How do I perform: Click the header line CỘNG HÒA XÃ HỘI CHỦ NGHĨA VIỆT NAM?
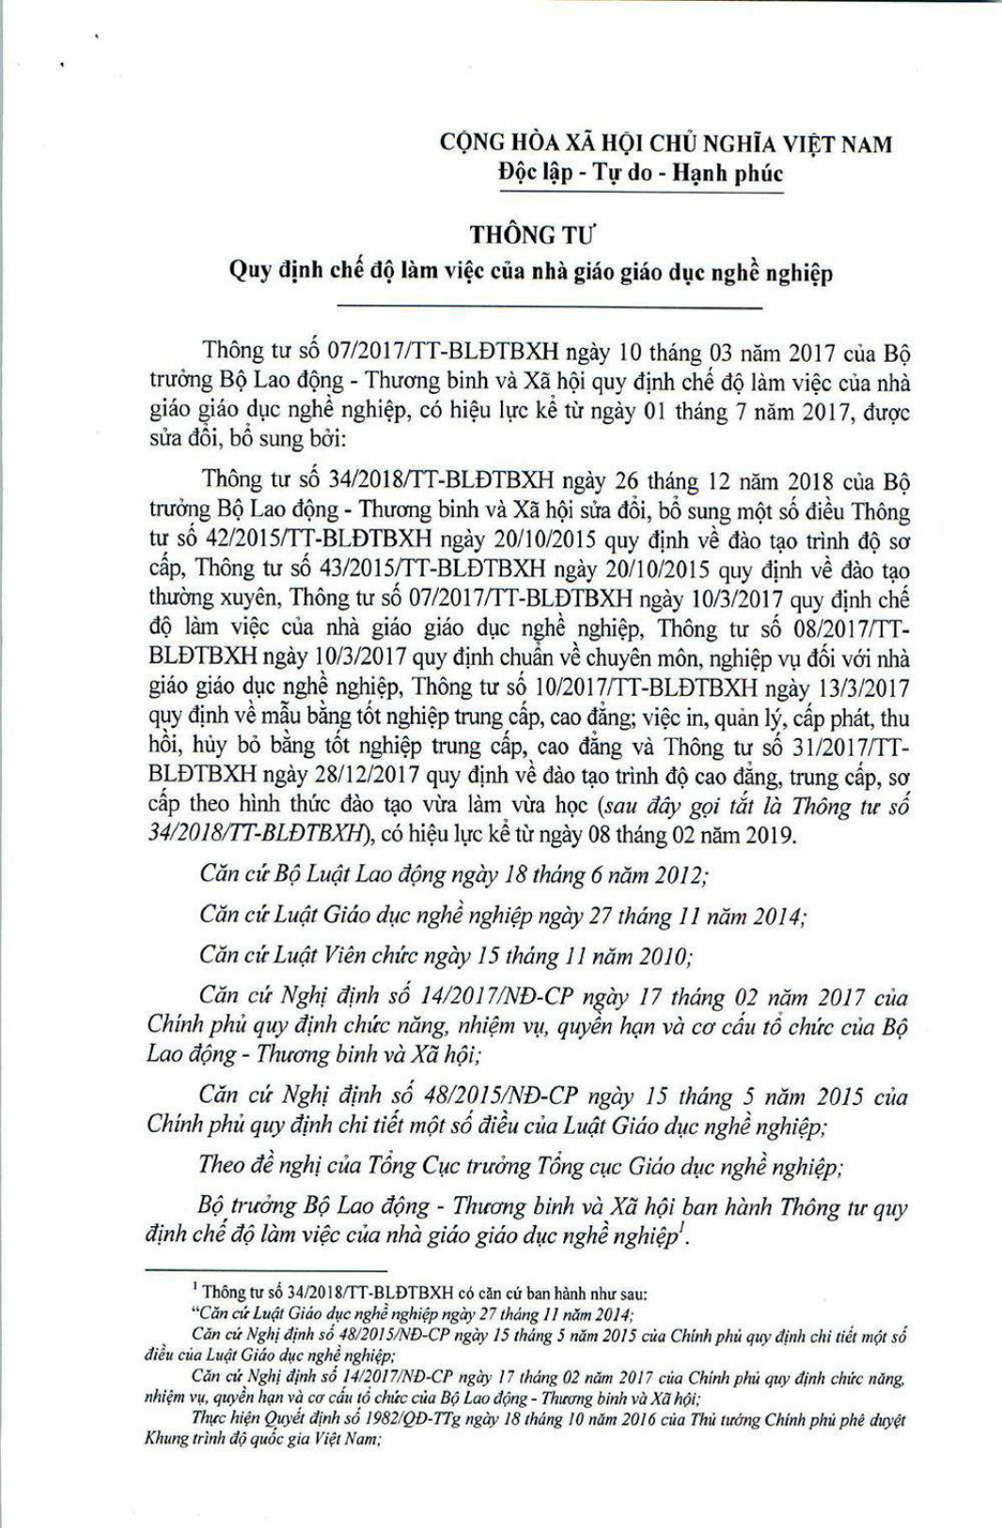[665, 144]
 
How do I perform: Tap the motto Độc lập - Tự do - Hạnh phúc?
[641, 174]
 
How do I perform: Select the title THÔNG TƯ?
[533, 234]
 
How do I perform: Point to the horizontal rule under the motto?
[641, 193]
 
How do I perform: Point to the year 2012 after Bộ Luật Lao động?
[676, 874]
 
